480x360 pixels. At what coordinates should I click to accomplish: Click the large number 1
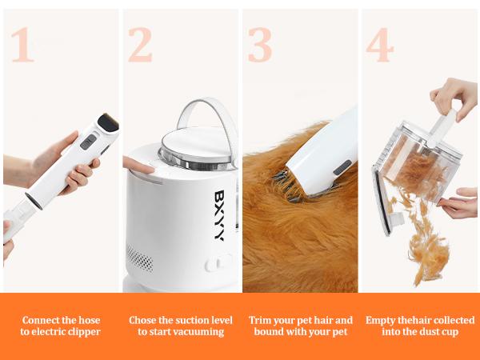coord(22,46)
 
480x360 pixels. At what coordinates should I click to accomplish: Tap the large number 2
coord(140,46)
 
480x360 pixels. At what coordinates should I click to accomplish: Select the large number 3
coord(259,46)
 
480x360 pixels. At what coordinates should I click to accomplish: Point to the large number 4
coord(379,46)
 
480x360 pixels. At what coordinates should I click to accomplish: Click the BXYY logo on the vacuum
coord(218,215)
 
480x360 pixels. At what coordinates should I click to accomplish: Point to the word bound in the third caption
coord(269,332)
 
